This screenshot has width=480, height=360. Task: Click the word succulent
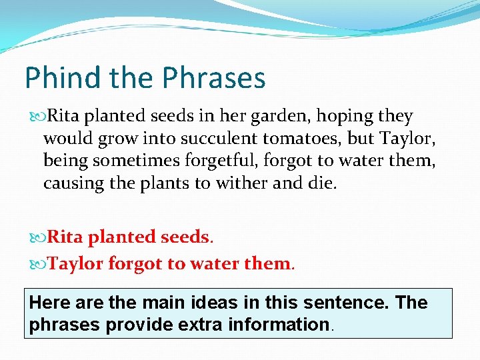click(217, 139)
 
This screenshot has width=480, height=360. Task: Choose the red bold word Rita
click(65, 237)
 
